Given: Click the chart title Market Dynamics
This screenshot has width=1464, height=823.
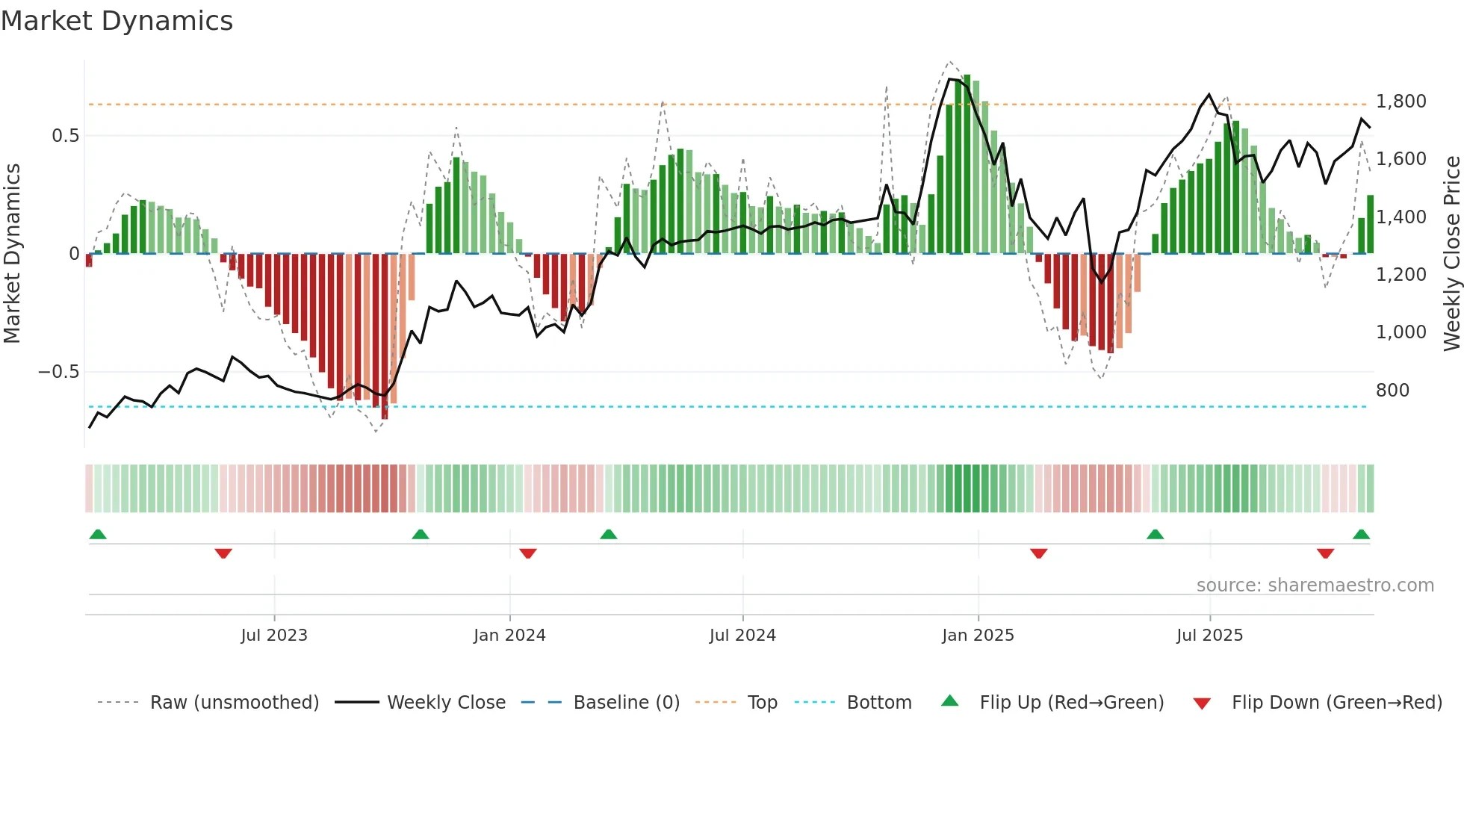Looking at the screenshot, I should (x=117, y=21).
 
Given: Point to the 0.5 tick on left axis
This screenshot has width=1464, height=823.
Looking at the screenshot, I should (x=65, y=135).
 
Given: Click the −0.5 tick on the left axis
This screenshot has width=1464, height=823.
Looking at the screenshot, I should (x=59, y=371).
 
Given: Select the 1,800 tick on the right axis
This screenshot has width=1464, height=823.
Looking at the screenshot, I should (x=1401, y=101).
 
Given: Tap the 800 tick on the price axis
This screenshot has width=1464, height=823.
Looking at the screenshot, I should (x=1392, y=390).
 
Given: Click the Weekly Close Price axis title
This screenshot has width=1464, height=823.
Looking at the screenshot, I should (x=1451, y=253).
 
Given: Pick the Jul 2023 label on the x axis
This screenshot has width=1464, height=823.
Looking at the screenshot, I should (x=274, y=635).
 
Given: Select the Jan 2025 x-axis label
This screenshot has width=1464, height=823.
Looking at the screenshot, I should (x=978, y=635).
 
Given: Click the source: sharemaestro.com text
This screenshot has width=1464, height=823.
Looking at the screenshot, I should (x=1315, y=585).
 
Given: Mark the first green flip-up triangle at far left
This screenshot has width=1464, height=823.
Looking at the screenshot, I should (x=98, y=534).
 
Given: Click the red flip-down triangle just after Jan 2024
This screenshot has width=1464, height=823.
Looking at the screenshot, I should (x=528, y=553).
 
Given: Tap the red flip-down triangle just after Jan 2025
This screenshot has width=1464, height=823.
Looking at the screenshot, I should (x=1038, y=553).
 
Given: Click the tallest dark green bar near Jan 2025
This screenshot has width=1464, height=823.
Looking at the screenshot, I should (x=967, y=164).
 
